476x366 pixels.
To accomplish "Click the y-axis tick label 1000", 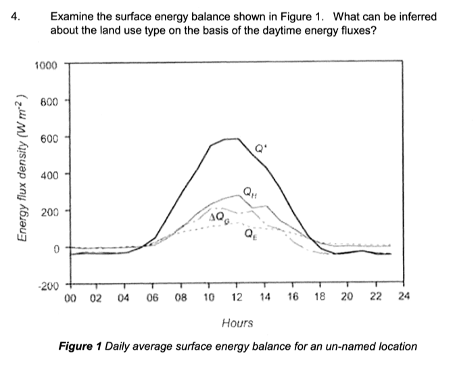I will (45, 65).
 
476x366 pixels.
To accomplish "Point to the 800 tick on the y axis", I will (47, 101).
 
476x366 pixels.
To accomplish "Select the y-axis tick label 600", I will (47, 138).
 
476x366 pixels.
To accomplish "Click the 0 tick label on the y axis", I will (55, 248).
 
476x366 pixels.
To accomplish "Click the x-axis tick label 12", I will (237, 298).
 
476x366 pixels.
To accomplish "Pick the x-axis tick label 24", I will (404, 298).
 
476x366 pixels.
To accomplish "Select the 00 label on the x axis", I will (70, 298).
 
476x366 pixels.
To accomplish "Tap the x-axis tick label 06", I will (153, 298).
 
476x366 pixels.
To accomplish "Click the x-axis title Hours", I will (237, 323).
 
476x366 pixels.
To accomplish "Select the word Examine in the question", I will (72, 16).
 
